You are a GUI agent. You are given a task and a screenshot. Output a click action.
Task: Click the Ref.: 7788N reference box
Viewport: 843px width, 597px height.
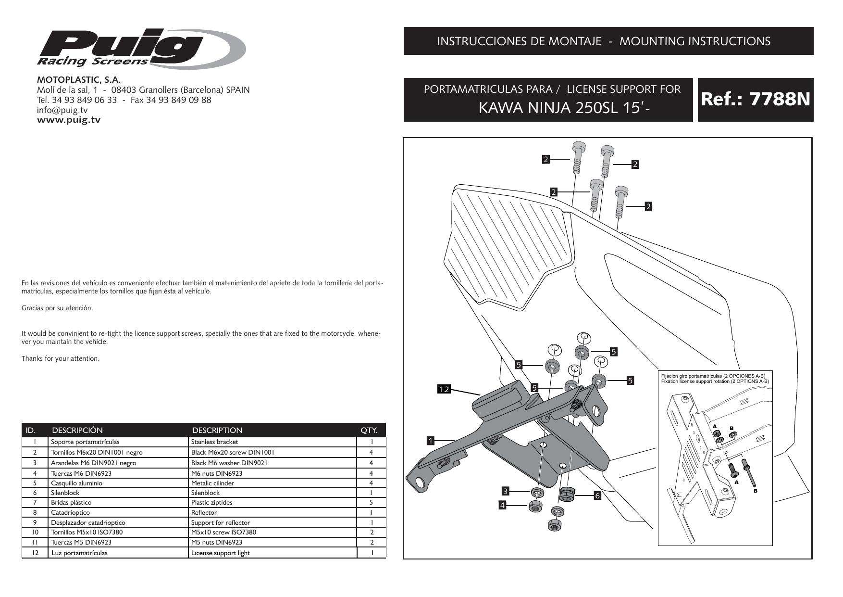[x=755, y=100]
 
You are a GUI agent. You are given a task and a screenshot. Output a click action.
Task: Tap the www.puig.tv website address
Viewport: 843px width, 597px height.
[x=69, y=120]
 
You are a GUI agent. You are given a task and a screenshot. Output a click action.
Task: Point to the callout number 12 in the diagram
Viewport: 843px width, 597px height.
[x=444, y=389]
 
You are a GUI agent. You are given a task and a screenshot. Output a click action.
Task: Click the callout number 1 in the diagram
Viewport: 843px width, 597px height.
[x=431, y=440]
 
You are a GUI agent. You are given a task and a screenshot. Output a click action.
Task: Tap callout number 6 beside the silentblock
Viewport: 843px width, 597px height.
[x=598, y=496]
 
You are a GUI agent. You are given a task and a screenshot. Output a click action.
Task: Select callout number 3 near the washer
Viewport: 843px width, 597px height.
[x=505, y=491]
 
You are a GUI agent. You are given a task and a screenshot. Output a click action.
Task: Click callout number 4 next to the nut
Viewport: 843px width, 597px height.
[x=502, y=505]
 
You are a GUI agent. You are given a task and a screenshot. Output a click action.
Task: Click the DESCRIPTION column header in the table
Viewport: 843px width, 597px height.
[x=217, y=430]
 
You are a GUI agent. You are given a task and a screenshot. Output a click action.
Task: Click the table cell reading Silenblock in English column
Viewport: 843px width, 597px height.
[x=205, y=493]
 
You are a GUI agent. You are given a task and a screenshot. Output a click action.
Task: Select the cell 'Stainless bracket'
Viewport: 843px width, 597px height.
[x=214, y=442]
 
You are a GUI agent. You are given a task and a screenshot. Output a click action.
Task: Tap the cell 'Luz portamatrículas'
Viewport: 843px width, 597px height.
[x=79, y=553]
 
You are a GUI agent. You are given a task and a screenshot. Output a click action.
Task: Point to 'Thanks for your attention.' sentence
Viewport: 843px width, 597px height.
[x=61, y=358]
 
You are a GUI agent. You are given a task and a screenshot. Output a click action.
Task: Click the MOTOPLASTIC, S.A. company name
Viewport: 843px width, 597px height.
[x=79, y=79]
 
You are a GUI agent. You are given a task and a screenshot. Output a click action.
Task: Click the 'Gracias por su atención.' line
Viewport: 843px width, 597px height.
[x=57, y=308]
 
